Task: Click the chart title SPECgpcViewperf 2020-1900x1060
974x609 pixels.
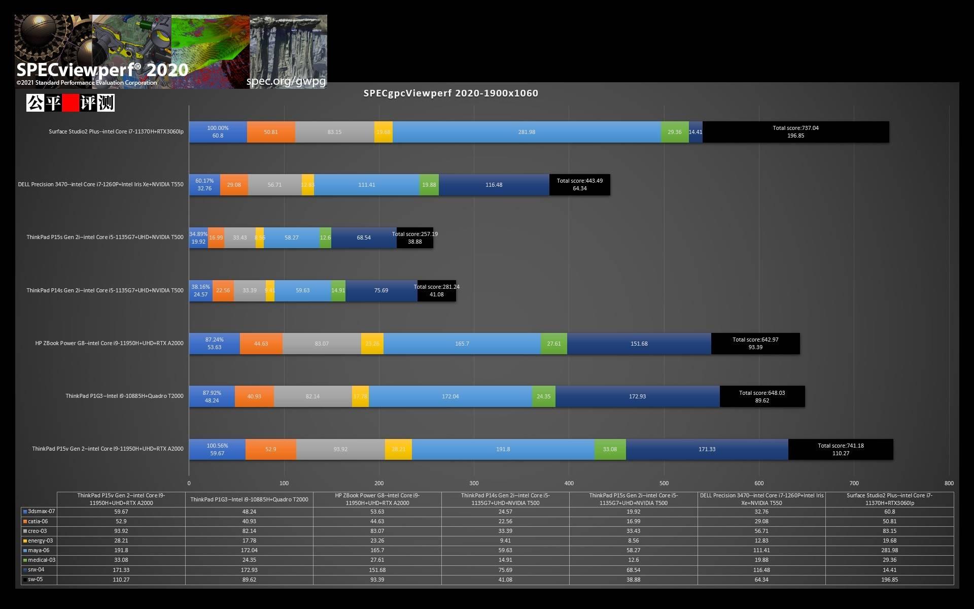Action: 450,93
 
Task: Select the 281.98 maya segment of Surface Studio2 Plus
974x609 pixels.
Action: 527,132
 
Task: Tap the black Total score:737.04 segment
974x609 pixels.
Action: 795,132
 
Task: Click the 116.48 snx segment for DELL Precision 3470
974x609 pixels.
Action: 494,185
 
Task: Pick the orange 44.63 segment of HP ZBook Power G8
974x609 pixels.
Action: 261,344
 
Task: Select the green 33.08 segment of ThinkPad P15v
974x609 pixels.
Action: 610,449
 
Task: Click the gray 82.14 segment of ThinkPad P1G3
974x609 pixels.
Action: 312,396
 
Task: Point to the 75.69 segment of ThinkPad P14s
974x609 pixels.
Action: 381,291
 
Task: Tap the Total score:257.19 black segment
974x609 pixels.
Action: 415,238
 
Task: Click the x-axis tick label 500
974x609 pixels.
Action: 664,483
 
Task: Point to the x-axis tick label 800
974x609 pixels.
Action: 949,483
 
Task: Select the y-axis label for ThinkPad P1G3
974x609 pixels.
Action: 124,396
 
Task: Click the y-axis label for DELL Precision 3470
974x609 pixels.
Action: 100,184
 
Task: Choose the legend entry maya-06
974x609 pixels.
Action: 39,550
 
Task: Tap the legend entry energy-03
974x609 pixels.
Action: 40,540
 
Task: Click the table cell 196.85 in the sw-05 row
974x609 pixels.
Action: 889,580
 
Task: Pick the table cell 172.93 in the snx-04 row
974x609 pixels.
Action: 249,570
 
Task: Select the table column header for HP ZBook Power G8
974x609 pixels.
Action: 377,499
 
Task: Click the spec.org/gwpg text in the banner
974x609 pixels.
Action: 286,81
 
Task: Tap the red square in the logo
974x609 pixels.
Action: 71,103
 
